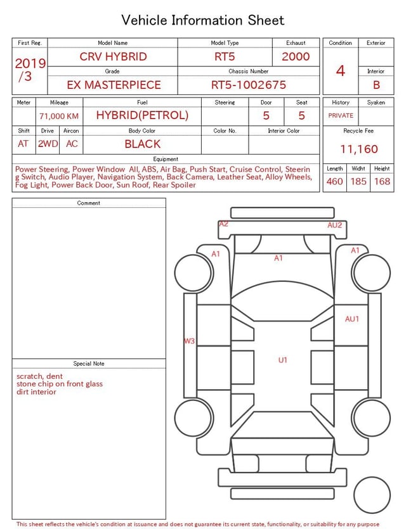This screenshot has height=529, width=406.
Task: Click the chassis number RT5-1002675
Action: click(x=249, y=85)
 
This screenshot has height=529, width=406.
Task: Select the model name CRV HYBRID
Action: click(x=113, y=56)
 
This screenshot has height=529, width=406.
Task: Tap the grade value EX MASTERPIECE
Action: click(x=114, y=85)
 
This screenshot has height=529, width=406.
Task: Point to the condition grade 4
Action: click(x=341, y=71)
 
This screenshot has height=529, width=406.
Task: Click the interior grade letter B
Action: click(x=376, y=85)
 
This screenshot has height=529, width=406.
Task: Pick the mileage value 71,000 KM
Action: click(x=59, y=116)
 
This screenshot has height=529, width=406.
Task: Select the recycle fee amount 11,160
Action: click(x=358, y=149)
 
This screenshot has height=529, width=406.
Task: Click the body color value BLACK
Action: click(x=143, y=144)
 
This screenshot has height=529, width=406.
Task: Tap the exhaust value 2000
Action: click(x=296, y=56)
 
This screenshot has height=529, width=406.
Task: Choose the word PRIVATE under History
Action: click(x=341, y=115)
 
